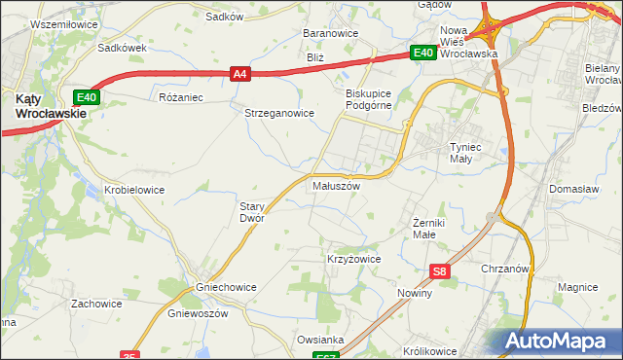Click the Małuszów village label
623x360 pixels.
[x=336, y=185]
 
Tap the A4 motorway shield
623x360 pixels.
[x=240, y=72]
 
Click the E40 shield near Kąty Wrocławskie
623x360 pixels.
[x=87, y=96]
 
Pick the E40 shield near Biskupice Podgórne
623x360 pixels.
[x=421, y=54]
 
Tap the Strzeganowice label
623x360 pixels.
[x=278, y=113]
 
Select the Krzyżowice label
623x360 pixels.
[x=352, y=260]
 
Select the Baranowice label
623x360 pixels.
[x=331, y=33]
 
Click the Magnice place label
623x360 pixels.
[x=577, y=287]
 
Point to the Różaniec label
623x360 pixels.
[x=179, y=97]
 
